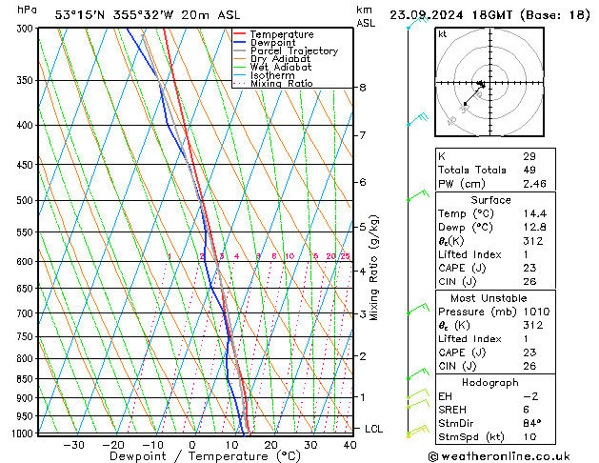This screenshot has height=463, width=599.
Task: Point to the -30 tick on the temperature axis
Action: pyautogui.click(x=73, y=445)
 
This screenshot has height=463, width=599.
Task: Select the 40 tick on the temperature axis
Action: pyautogui.click(x=349, y=445)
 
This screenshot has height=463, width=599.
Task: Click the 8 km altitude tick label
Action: pyautogui.click(x=362, y=88)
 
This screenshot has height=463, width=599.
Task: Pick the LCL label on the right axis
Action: pyautogui.click(x=373, y=430)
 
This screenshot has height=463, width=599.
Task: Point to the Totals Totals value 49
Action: pyautogui.click(x=529, y=170)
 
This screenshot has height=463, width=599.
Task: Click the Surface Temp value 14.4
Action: pyautogui.click(x=533, y=214)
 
